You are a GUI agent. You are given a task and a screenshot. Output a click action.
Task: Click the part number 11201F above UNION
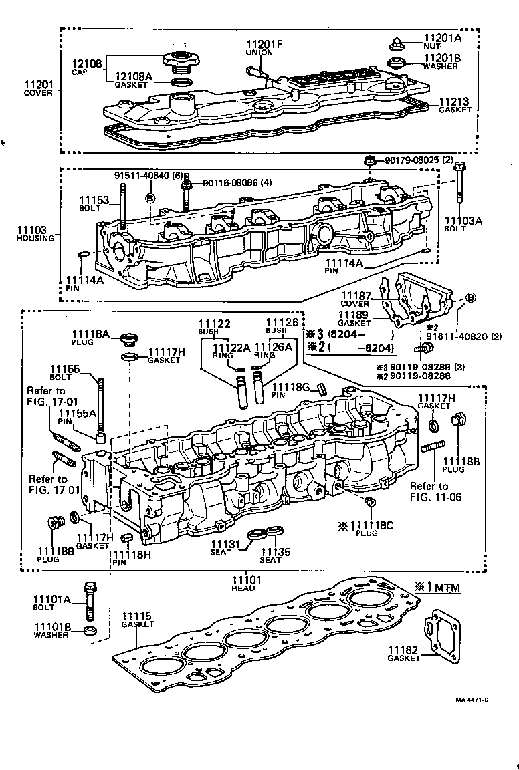click(x=265, y=45)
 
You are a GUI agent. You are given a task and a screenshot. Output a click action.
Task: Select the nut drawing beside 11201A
click(x=396, y=45)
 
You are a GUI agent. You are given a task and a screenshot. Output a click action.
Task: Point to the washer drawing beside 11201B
click(x=397, y=64)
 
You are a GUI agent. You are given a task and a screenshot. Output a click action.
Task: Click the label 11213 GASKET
click(x=454, y=106)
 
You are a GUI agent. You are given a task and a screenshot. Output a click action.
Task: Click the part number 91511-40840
click(x=141, y=176)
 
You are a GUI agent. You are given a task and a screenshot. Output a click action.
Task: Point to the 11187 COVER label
click(x=355, y=299)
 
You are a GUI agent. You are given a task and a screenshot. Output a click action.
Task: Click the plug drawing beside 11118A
click(x=130, y=338)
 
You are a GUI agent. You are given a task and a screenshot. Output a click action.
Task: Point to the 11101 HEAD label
click(x=243, y=583)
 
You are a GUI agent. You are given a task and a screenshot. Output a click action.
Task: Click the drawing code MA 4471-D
click(x=472, y=700)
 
